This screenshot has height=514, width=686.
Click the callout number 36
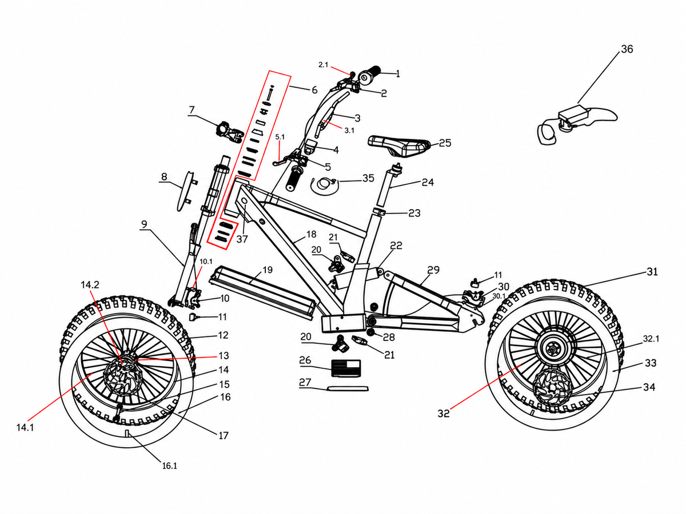[x=627, y=49]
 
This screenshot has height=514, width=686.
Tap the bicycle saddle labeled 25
[x=400, y=146]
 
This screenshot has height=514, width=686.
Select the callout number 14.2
[x=90, y=284]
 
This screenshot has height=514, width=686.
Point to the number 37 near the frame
[x=242, y=239]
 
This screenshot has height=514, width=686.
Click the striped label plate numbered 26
[x=346, y=368]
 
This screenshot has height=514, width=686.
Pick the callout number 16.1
[x=170, y=466]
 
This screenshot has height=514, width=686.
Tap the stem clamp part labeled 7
[x=230, y=132]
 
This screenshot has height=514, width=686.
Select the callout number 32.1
[x=651, y=339]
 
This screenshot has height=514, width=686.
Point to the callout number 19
[x=267, y=270]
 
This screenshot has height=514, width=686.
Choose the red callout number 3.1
[x=349, y=130]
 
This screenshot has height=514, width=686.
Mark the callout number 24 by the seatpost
[x=428, y=182]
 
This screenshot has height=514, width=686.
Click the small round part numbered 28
[x=371, y=333]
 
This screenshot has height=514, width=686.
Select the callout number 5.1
[x=280, y=136]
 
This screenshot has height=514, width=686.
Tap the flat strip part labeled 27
[x=348, y=388]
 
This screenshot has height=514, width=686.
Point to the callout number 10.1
[x=206, y=262]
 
